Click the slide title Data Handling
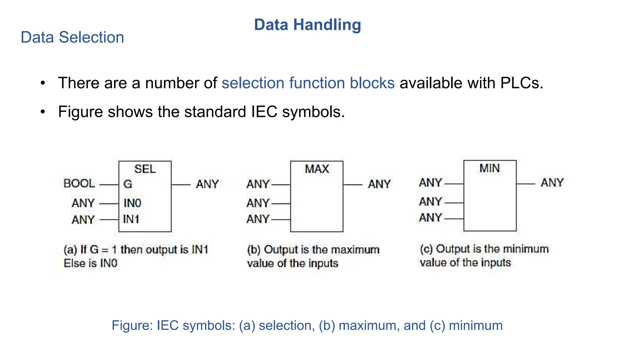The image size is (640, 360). [x=307, y=25]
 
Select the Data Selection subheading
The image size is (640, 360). [x=72, y=37]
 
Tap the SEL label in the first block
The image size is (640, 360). [x=145, y=169]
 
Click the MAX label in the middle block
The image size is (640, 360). [x=317, y=169]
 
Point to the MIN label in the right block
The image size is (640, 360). [x=490, y=168]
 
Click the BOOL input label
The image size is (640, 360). [x=79, y=183]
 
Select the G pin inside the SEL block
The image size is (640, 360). [x=128, y=184]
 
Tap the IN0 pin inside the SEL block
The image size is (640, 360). [x=132, y=203]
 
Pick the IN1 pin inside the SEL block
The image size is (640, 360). [x=131, y=219]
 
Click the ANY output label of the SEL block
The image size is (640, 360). [x=207, y=184]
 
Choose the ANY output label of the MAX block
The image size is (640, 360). [x=379, y=184]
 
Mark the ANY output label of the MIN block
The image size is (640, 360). [x=552, y=183]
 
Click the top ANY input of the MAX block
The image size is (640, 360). [x=258, y=184]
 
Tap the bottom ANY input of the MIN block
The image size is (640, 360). [x=431, y=218]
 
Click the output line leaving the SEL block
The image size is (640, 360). [x=181, y=185]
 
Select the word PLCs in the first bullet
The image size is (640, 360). [x=522, y=83]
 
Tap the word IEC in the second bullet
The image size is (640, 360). [x=264, y=112]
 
